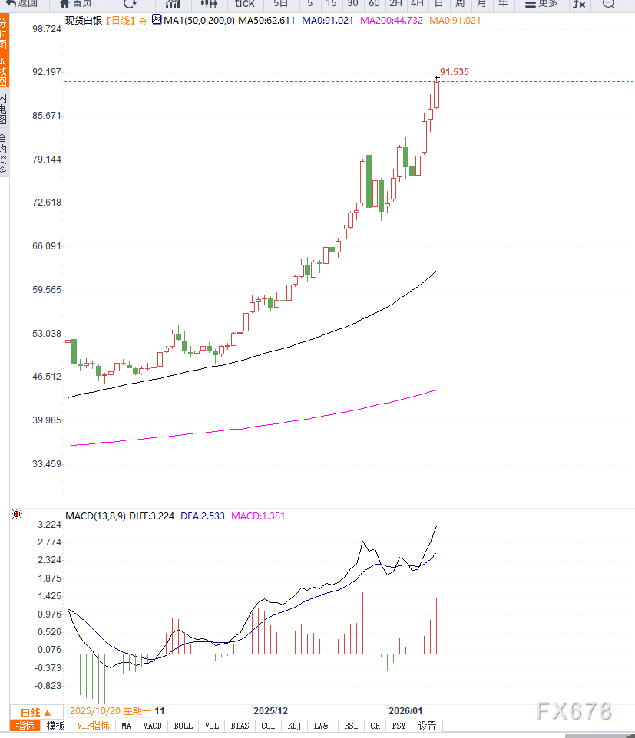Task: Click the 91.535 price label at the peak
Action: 455,71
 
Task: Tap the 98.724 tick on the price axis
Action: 47,28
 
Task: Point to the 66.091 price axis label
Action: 47,246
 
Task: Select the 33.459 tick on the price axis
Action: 47,464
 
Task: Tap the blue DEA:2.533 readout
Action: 203,516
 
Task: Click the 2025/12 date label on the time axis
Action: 270,711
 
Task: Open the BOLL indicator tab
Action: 183,726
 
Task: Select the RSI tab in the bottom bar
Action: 351,726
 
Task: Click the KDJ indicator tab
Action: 295,726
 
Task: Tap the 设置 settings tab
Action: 428,726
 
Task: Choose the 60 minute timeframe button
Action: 374,4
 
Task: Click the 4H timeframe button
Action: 417,4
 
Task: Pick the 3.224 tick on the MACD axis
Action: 48,525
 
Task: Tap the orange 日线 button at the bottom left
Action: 35,712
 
